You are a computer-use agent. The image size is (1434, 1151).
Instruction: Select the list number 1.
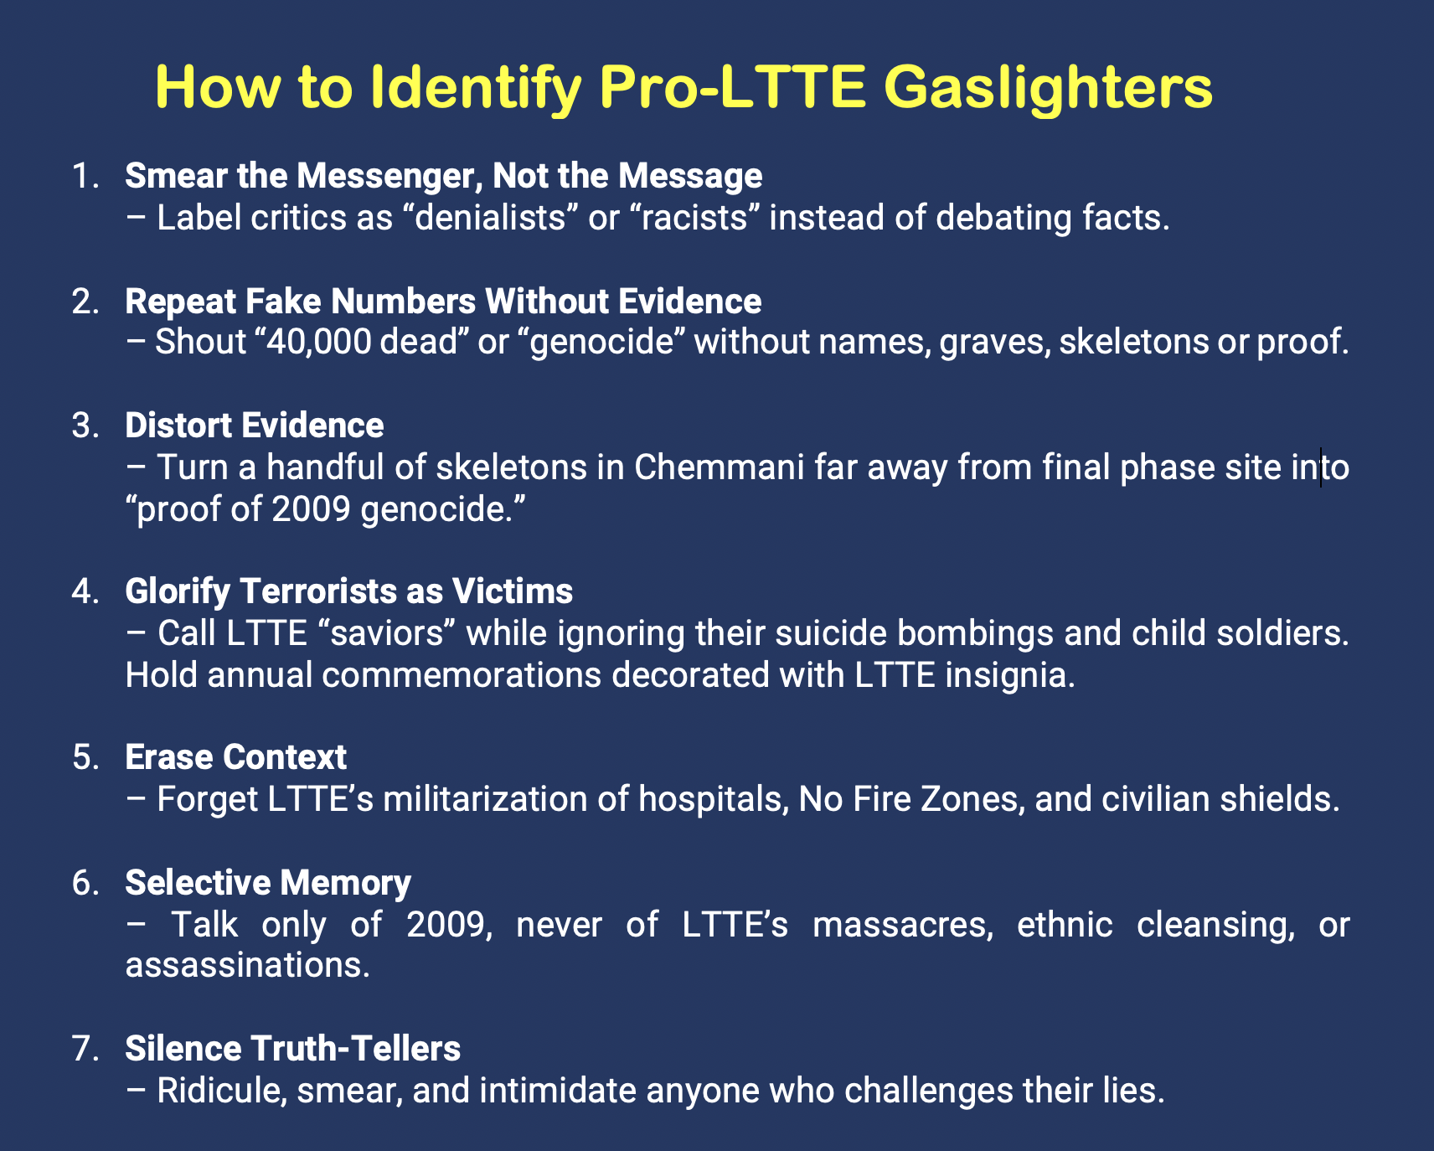pos(86,176)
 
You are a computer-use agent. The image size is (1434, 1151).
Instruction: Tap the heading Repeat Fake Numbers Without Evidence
pos(443,301)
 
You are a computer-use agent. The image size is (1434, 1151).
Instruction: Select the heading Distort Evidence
pos(255,426)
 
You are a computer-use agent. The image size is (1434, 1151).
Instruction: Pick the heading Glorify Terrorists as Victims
pos(349,591)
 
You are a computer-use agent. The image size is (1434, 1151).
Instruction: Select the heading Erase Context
pos(235,757)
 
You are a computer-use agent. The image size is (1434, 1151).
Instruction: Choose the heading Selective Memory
pos(268,883)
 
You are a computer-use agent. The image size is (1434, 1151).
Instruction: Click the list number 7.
pos(86,1049)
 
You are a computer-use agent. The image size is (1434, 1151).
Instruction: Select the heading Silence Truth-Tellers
pos(292,1048)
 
